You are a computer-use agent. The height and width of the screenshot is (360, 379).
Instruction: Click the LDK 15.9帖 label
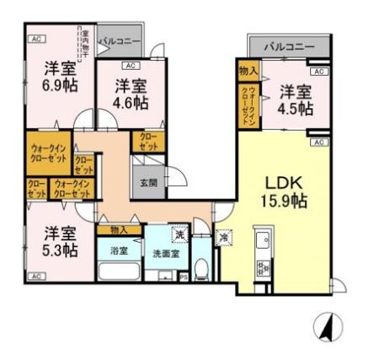[286, 192]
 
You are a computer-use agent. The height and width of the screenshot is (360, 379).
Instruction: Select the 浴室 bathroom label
[118, 250]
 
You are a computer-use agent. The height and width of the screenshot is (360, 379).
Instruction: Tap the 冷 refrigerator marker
[225, 238]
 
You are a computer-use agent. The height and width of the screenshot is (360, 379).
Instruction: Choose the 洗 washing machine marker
[179, 234]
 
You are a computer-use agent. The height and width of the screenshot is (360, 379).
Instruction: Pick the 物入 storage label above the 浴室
[119, 229]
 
